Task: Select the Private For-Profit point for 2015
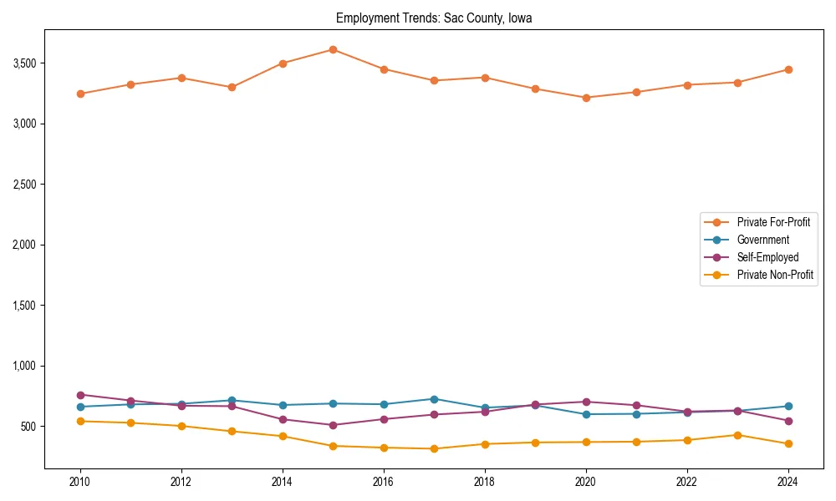333,49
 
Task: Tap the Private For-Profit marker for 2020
586,98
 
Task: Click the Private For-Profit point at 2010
80,94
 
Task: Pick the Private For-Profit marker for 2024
788,69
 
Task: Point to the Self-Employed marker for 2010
80,395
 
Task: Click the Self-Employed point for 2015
333,425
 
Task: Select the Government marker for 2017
434,399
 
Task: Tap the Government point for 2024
788,406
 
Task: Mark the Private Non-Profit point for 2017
434,448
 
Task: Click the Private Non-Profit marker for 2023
737,435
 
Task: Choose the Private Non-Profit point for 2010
80,421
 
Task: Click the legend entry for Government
762,240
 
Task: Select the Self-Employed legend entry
767,257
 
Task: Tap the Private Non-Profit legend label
775,275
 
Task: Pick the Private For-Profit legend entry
773,222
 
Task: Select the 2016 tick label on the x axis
384,482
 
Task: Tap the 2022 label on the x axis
687,482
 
